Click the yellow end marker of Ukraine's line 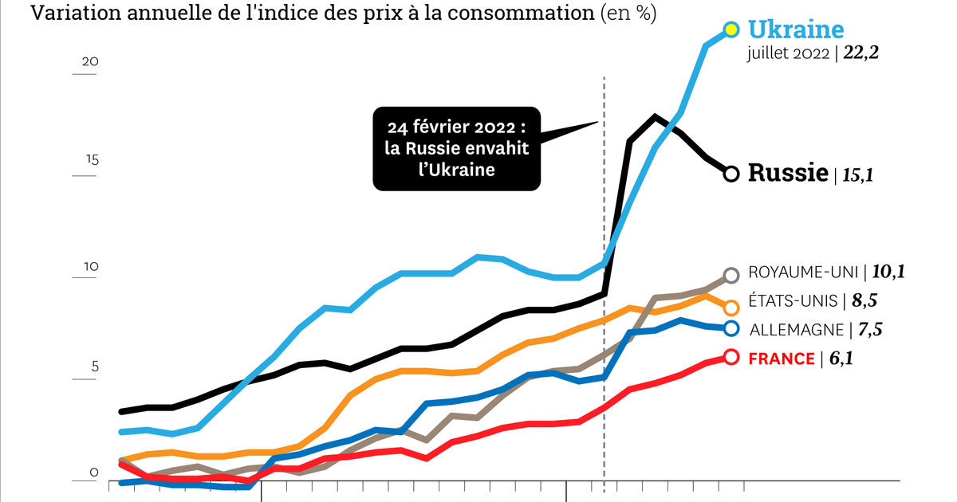pyautogui.click(x=731, y=29)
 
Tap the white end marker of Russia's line pyautogui.click(x=731, y=173)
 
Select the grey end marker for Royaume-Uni pyautogui.click(x=731, y=276)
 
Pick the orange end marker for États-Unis pyautogui.click(x=731, y=308)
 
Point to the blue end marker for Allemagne pyautogui.click(x=731, y=328)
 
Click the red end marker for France pyautogui.click(x=731, y=358)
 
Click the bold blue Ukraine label pyautogui.click(x=795, y=29)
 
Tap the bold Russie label pyautogui.click(x=787, y=173)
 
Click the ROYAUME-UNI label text pyautogui.click(x=804, y=273)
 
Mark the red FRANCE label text pyautogui.click(x=782, y=359)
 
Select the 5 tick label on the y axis pyautogui.click(x=93, y=367)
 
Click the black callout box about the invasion pyautogui.click(x=456, y=148)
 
